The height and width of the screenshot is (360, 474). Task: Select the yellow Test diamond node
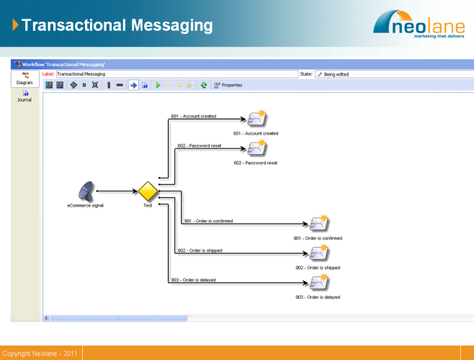(148, 192)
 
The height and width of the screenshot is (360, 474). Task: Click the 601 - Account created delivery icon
(256, 119)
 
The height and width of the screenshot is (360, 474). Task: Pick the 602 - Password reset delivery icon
(256, 149)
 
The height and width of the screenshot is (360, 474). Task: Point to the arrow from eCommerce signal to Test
(117, 192)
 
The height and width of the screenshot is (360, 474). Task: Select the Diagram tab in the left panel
(25, 78)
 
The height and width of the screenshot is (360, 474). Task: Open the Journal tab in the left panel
(25, 96)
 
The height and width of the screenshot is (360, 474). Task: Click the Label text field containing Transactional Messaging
(176, 73)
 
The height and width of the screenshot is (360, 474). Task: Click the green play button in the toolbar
(158, 85)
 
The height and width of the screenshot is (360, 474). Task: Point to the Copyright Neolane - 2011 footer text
(40, 354)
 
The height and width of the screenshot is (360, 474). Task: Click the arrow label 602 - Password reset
(200, 146)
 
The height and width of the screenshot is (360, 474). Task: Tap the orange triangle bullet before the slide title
(15, 26)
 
